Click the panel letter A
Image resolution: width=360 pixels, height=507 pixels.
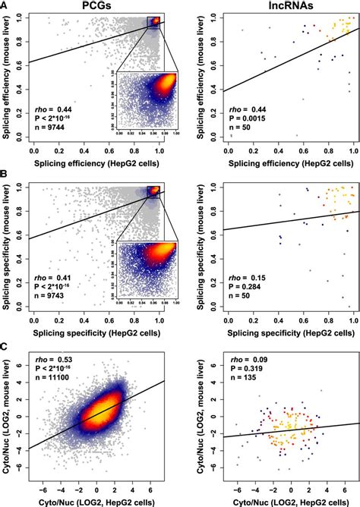pyautogui.click(x=5, y=6)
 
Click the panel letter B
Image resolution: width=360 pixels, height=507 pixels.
pyautogui.click(x=5, y=174)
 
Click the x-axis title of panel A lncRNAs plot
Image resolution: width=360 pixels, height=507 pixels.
pyautogui.click(x=291, y=162)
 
